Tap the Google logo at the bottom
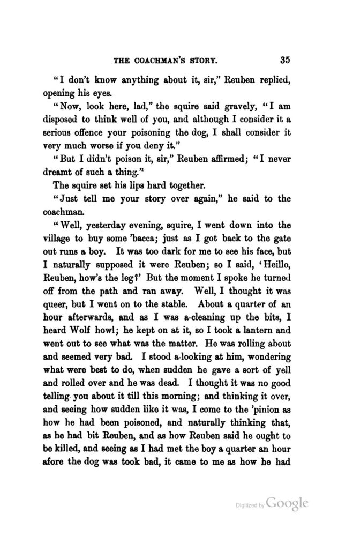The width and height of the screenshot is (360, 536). pyautogui.click(x=287, y=504)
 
